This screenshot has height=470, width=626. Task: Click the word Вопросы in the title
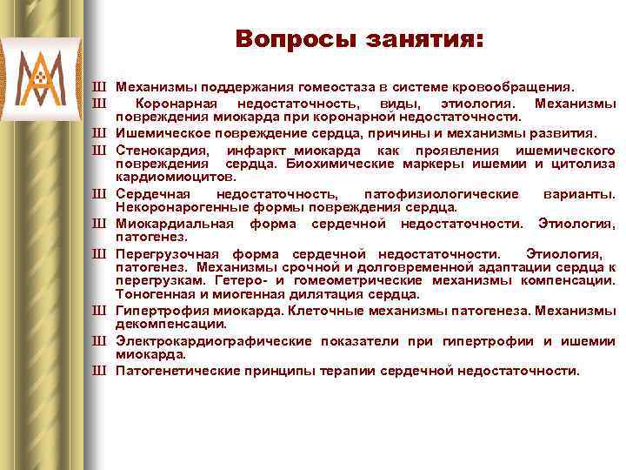coord(284,40)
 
